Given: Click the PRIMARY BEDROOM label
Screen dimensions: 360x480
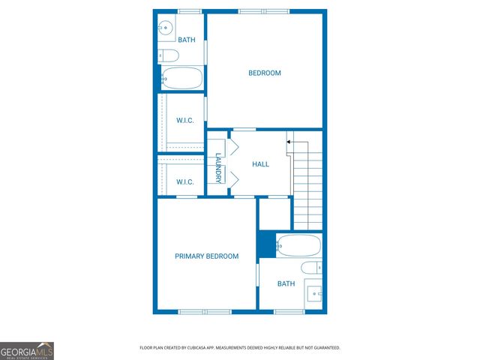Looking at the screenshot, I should point(206,256).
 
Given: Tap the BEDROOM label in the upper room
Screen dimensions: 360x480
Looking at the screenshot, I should point(265,73).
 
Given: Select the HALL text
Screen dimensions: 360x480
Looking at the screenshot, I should point(260,164).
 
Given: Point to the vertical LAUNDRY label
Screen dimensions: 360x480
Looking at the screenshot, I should point(218,169).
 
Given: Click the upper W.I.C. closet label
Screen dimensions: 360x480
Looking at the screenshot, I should point(185,121).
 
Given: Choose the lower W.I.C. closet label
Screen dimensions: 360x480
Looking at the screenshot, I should point(185,181).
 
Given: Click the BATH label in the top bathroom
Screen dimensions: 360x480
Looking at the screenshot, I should point(186,40).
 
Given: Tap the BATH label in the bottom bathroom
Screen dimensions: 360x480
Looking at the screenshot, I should point(286,283).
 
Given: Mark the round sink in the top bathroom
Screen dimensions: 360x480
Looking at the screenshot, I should point(165,28).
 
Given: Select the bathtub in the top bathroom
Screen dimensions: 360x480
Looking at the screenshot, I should point(181,78).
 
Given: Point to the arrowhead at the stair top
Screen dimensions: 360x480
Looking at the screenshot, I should point(289,140).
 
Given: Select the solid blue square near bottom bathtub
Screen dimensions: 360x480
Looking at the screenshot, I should point(266,244).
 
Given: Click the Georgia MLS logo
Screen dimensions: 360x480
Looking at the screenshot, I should point(27,350).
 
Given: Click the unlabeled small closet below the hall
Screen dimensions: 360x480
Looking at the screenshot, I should point(274,214).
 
